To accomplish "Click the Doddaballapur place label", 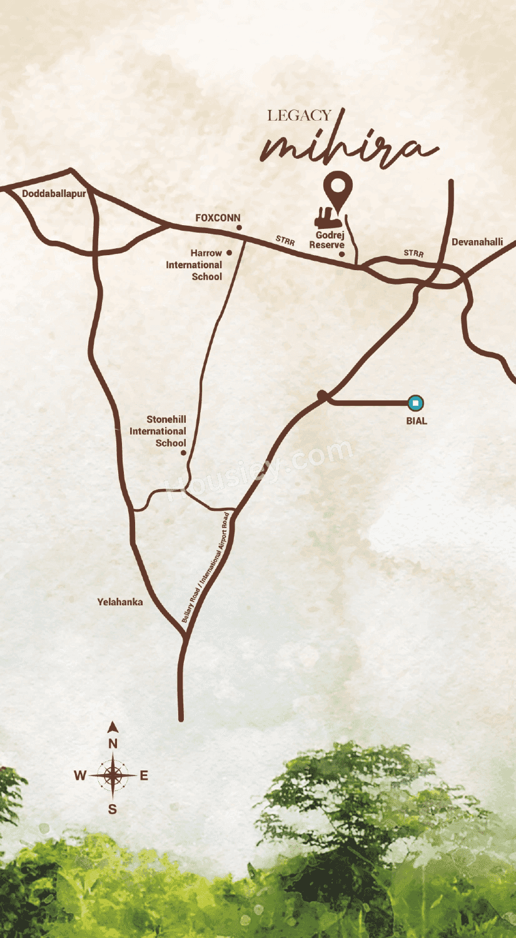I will pyautogui.click(x=54, y=194).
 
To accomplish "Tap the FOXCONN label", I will pyautogui.click(x=217, y=218).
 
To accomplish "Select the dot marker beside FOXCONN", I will pyautogui.click(x=239, y=228).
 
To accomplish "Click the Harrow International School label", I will pyautogui.click(x=195, y=265).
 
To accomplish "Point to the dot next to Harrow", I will pyautogui.click(x=229, y=253).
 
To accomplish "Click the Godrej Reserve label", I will pyautogui.click(x=327, y=240).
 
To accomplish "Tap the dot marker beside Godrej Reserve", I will pyautogui.click(x=341, y=255).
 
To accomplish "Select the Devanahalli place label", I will pyautogui.click(x=477, y=242).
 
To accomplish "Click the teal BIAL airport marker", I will pyautogui.click(x=415, y=403).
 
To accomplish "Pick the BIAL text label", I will pyautogui.click(x=417, y=421).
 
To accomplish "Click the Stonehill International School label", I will pyautogui.click(x=158, y=431).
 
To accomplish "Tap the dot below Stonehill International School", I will pyautogui.click(x=183, y=452).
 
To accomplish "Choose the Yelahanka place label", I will pyautogui.click(x=120, y=602).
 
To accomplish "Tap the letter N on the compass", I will pyautogui.click(x=113, y=744).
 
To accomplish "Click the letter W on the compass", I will pyautogui.click(x=80, y=776).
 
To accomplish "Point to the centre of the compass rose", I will pyautogui.click(x=113, y=775).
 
